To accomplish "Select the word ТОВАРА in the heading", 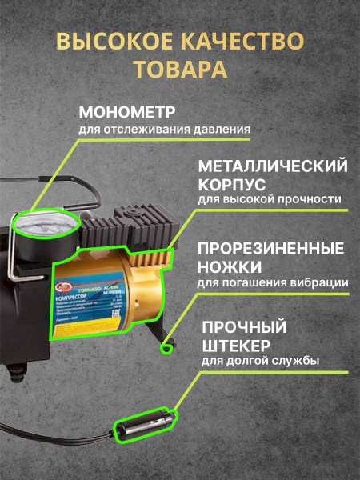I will [x=180, y=70].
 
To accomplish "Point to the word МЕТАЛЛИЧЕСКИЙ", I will [x=272, y=166].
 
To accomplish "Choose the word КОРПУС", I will [x=231, y=184].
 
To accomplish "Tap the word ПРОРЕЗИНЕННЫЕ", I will [x=272, y=247].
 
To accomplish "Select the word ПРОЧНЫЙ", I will [x=246, y=328].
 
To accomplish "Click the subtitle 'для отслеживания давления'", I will [x=165, y=128].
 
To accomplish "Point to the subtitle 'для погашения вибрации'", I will [x=272, y=282].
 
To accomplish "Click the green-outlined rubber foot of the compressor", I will [x=167, y=346].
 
